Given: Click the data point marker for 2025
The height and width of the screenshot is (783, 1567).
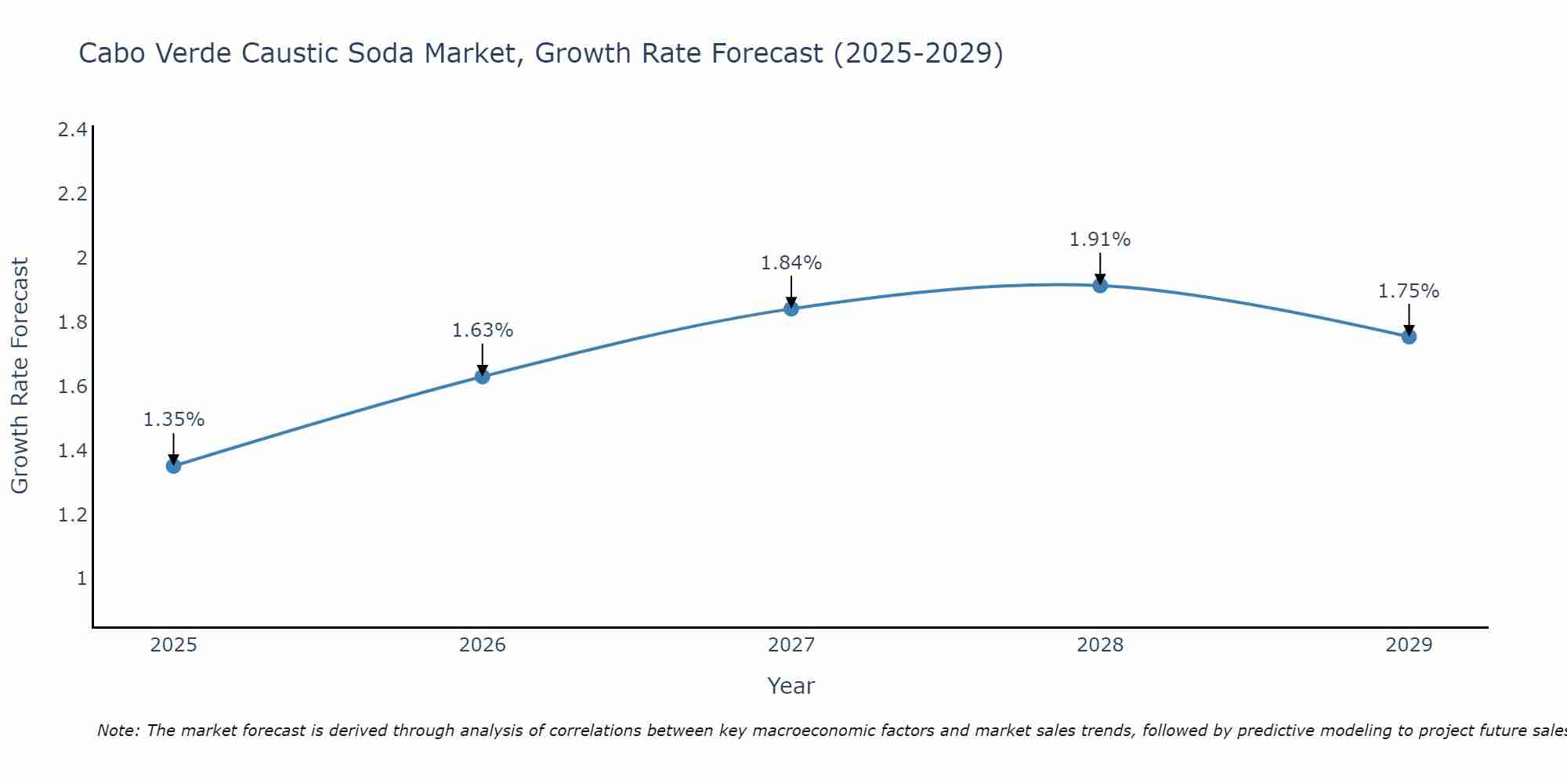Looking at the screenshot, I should tap(174, 466).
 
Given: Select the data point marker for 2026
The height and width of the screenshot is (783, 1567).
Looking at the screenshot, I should tap(483, 377).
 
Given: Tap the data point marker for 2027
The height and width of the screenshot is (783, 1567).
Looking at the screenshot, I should tap(791, 309).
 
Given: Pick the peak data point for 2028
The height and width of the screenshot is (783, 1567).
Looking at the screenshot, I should tap(1100, 286).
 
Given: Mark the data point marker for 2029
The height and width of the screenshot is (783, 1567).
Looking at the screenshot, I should tap(1409, 337).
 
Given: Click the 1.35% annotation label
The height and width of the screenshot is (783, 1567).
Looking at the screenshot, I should tap(174, 420).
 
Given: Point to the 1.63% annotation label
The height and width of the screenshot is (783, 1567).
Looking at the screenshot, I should tap(483, 330).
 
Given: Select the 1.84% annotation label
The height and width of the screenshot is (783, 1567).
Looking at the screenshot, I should tap(791, 263).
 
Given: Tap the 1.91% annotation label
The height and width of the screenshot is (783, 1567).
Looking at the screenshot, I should tap(1100, 240).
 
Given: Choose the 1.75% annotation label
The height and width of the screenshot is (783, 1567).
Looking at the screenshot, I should tap(1409, 291).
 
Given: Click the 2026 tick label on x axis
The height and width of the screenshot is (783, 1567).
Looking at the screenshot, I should tap(483, 645).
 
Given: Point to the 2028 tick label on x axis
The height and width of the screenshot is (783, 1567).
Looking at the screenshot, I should tap(1100, 645).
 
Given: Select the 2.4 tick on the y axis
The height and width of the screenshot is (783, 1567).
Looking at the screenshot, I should tap(73, 130).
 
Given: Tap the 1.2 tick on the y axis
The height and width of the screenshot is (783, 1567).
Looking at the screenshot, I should tap(73, 515).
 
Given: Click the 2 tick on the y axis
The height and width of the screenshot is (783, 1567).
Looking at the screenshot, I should tap(81, 258).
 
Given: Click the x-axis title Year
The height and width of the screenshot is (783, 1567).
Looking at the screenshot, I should tap(791, 686).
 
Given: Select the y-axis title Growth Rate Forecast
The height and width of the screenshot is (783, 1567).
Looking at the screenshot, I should tap(20, 376).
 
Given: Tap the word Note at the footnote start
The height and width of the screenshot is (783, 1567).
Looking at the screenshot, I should tap(118, 731).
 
